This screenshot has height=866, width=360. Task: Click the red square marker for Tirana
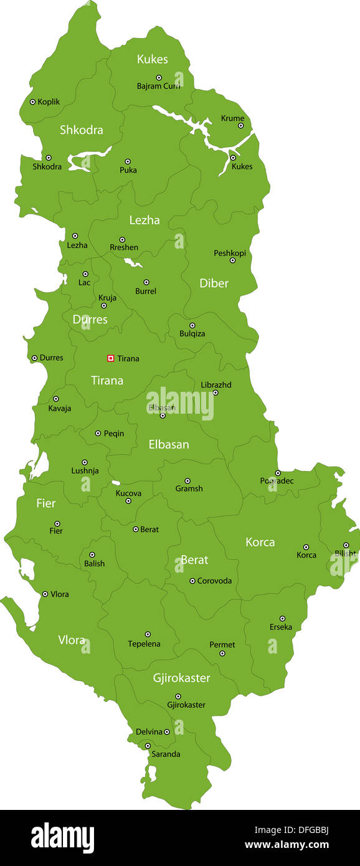coord(110,358)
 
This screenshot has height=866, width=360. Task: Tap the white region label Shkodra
coord(81,130)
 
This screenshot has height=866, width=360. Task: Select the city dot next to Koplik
coord(32,102)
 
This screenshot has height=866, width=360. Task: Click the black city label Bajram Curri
coord(158,86)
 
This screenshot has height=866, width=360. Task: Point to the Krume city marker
coord(240,126)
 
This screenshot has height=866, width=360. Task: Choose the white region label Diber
coord(214,283)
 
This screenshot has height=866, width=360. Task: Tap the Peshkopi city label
coord(230,253)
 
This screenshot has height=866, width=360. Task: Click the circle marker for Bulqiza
coord(192,325)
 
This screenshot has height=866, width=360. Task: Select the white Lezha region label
coord(144,220)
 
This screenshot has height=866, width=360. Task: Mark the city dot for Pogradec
coord(278,473)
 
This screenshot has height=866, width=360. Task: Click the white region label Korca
coord(260,542)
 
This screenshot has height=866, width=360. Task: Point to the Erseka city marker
coord(282,619)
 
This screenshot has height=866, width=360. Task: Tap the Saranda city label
coord(166,754)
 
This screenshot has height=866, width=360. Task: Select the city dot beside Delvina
coord(166,732)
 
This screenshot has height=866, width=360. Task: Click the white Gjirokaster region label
coord(181,678)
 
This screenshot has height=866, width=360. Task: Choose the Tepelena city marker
coord(148,634)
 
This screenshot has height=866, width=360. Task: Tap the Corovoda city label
coord(214,581)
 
